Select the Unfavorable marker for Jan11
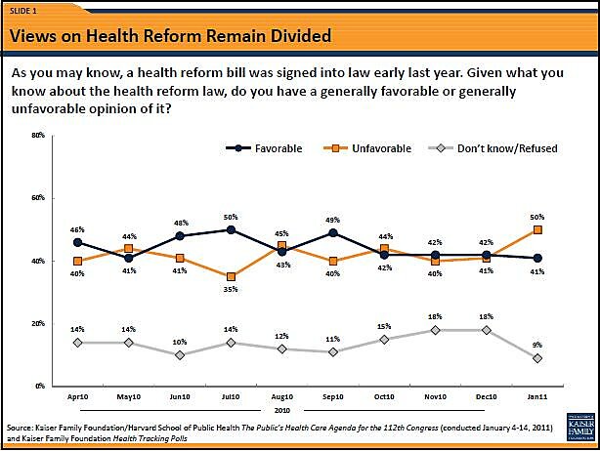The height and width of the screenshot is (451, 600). (537, 229)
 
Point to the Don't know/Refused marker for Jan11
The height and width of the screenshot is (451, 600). (537, 358)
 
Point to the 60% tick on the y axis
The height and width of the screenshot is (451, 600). (38, 197)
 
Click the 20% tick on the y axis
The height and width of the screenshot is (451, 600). (38, 323)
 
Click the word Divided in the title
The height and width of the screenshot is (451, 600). (292, 37)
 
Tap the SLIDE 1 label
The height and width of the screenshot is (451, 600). (23, 11)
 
